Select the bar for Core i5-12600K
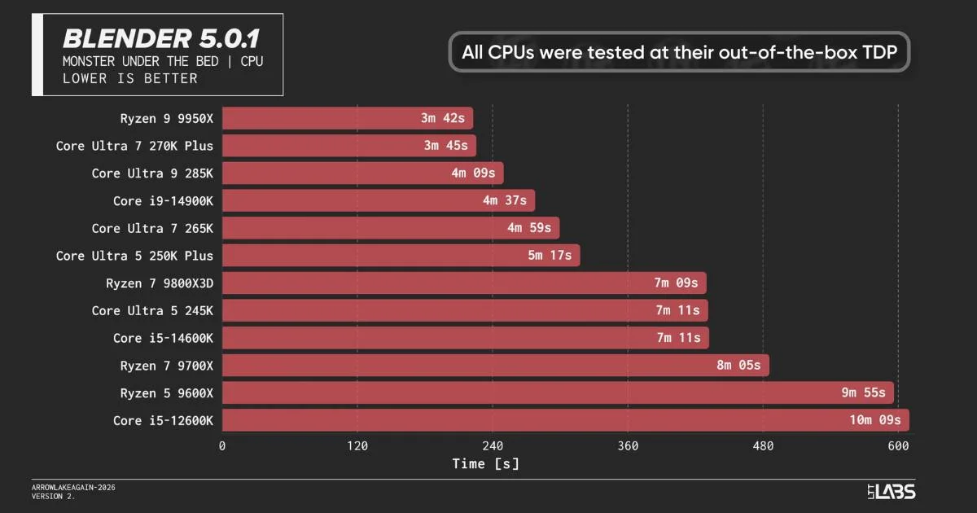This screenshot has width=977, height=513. (565, 420)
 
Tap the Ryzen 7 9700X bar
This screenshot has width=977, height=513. (495, 366)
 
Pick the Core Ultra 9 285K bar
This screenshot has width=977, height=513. (363, 173)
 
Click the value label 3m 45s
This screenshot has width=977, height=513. (445, 146)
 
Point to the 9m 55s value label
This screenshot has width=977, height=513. (863, 393)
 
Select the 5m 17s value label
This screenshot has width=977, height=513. (550, 256)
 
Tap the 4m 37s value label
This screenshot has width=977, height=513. (504, 200)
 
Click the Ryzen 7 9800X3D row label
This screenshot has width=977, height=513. (160, 283)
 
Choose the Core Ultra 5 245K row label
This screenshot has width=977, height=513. (152, 310)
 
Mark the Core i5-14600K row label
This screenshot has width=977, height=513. (163, 338)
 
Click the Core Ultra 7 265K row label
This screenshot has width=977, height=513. (152, 228)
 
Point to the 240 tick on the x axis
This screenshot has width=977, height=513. (492, 446)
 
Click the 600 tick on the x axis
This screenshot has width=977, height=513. (898, 446)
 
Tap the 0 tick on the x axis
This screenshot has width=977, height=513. (222, 446)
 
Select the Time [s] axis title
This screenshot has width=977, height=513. (485, 463)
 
